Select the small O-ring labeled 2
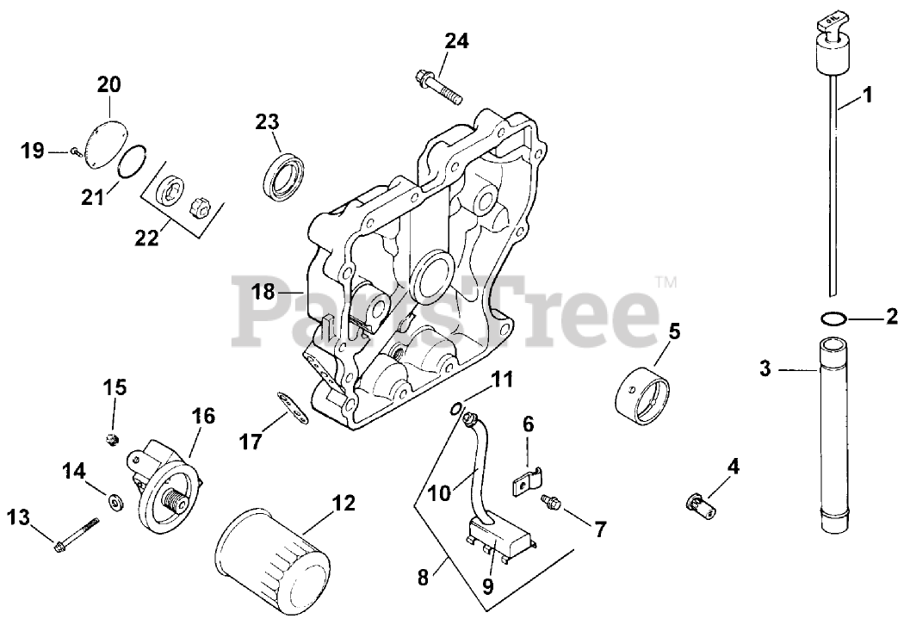click(x=832, y=319)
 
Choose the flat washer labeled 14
click(x=114, y=501)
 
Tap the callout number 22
click(x=146, y=238)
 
